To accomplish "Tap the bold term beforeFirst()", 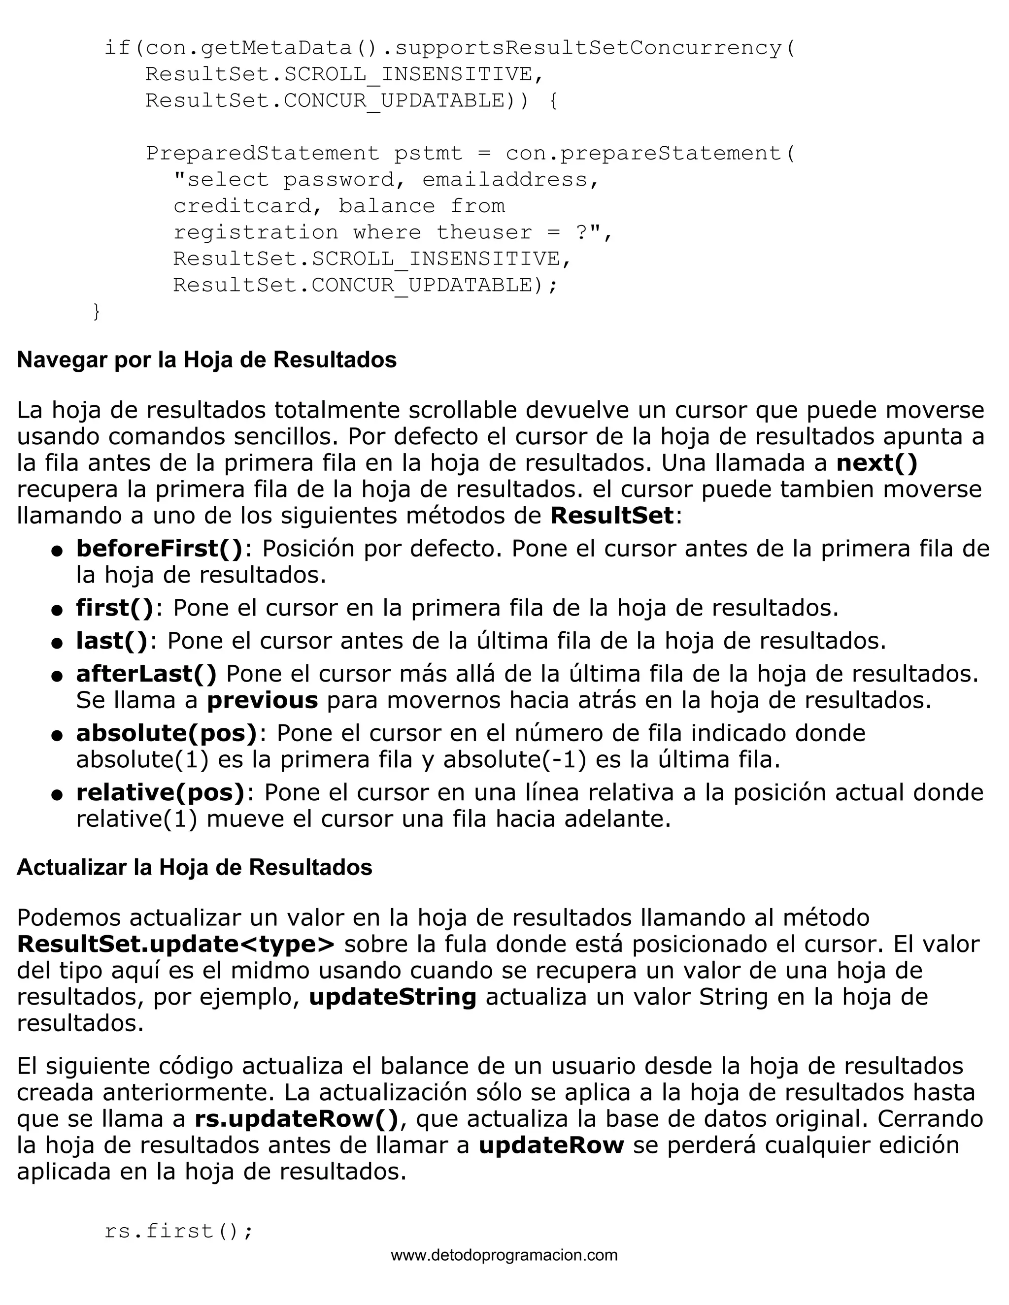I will pos(160,549).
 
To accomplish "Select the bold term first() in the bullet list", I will pos(115,608).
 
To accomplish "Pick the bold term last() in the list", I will pos(112,641).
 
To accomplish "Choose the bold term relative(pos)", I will pos(161,792).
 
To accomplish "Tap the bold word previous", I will pos(263,700).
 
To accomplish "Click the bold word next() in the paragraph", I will pos(877,462).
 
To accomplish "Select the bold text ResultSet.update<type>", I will pos(176,944).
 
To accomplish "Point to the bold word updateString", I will pos(393,997).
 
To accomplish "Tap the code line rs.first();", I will pos(179,1231).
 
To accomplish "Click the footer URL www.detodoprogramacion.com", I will pos(504,1255).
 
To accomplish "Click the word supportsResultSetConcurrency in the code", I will pos(589,48).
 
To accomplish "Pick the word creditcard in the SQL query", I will pos(241,206).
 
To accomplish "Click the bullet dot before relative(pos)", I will pos(57,795).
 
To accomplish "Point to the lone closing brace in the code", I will pos(96,311).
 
